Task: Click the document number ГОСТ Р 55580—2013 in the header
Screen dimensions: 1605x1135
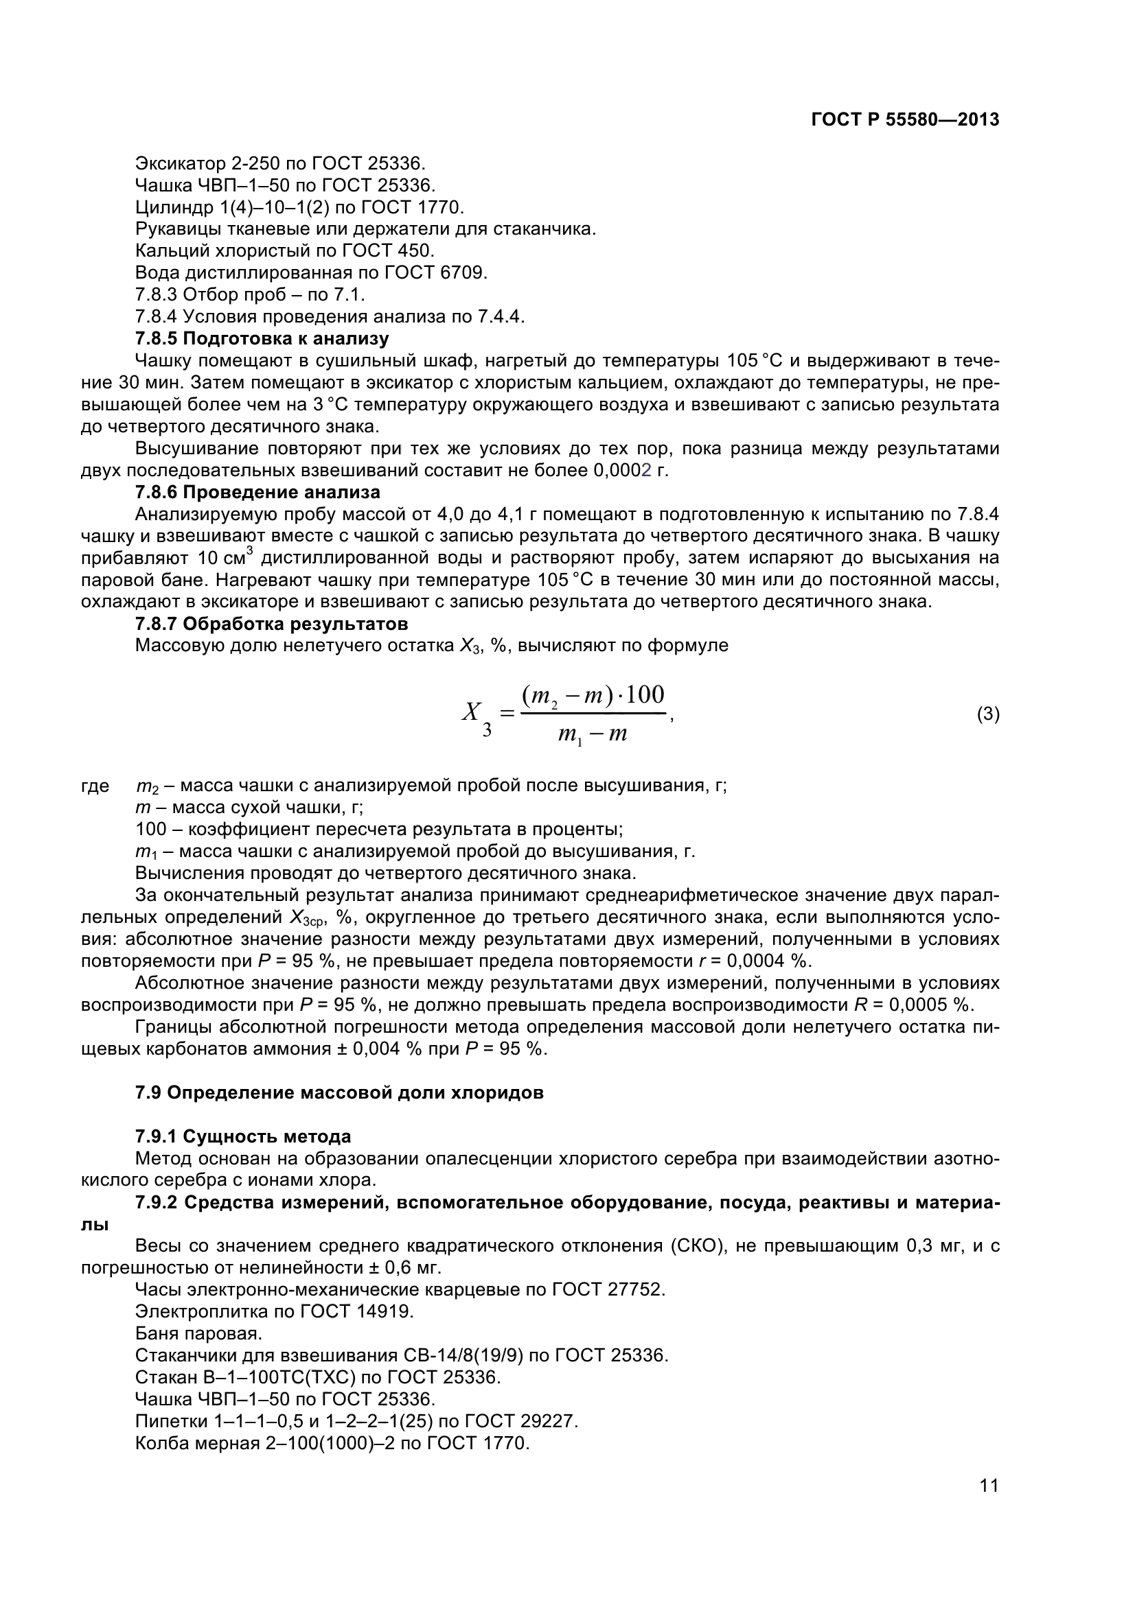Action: tap(904, 120)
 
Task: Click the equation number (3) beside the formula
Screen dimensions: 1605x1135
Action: tap(987, 714)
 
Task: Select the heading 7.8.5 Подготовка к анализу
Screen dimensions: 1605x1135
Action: tap(262, 339)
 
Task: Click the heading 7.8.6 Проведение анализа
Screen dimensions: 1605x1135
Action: tap(257, 492)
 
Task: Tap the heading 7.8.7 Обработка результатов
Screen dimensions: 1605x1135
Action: tap(271, 623)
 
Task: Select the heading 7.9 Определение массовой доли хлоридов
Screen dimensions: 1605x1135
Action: tap(339, 1092)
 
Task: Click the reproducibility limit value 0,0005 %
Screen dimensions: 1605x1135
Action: tap(930, 1005)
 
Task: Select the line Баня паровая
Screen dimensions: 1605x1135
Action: tap(198, 1334)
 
